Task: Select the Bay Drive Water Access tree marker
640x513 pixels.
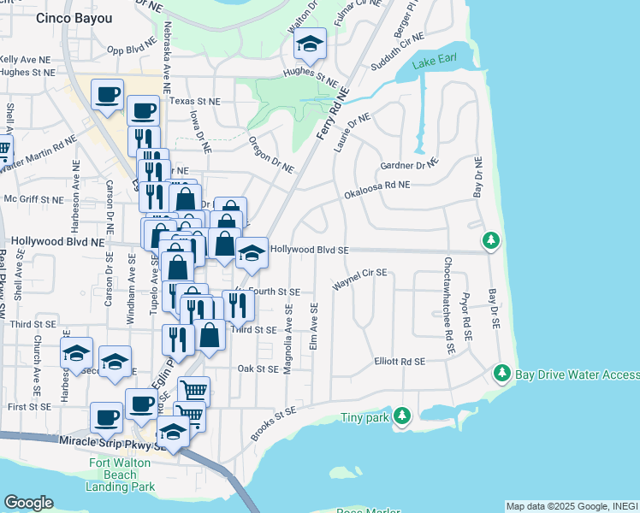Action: pos(501,373)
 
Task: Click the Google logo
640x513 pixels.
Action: pos(28,503)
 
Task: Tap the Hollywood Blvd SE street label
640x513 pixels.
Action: pos(310,250)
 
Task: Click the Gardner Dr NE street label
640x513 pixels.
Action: pos(409,163)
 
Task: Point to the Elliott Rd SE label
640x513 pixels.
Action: pos(400,362)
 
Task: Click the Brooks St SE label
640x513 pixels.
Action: pos(274,424)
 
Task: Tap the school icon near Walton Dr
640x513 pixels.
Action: pos(310,43)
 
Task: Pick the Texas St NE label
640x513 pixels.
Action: pos(194,101)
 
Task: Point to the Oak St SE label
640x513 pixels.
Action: pos(258,369)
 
